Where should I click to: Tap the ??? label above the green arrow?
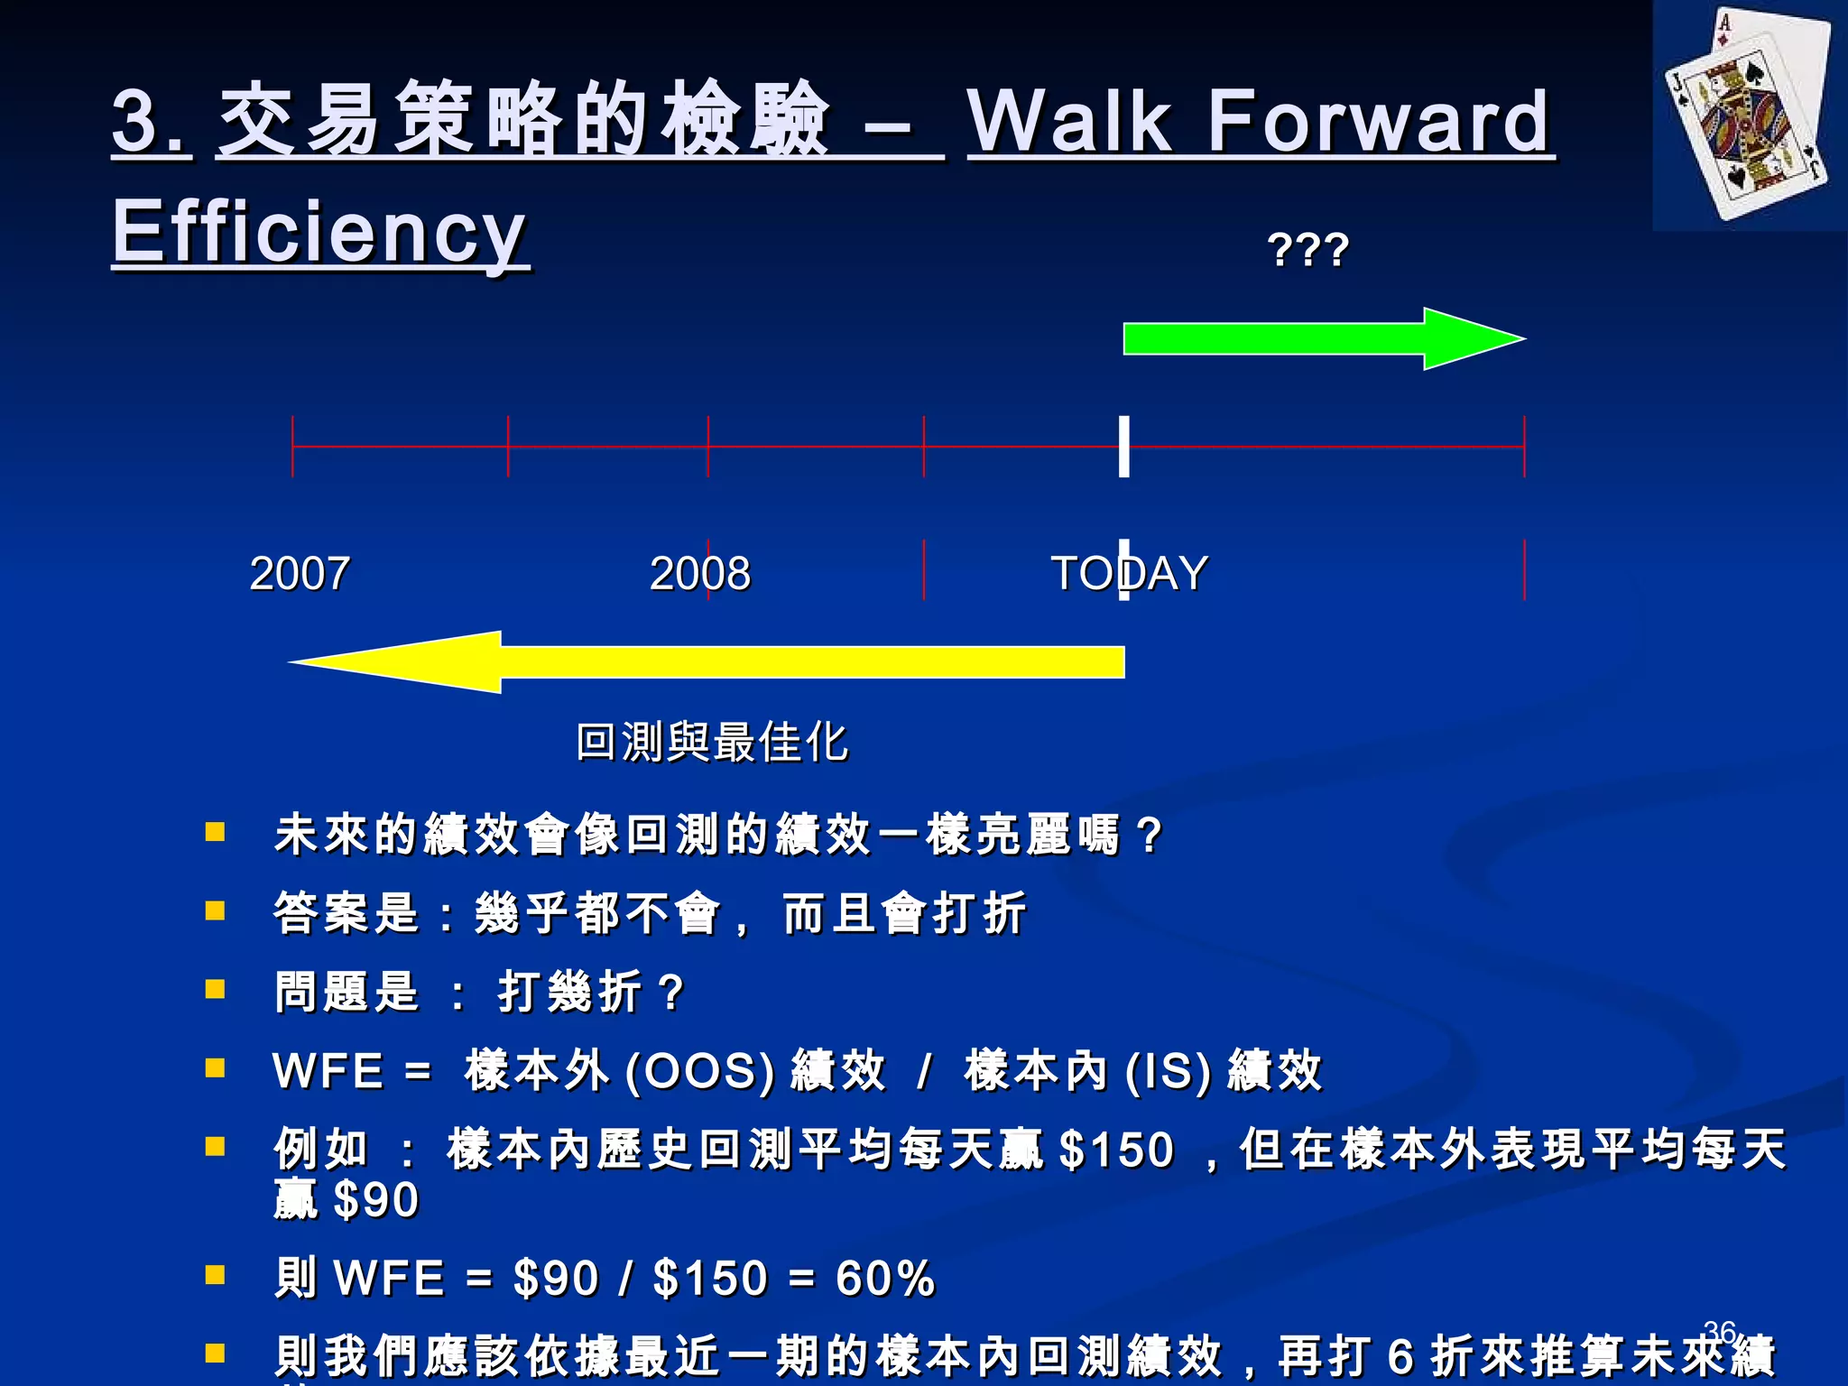point(1307,250)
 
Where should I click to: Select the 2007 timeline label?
point(300,573)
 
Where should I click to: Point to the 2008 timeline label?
point(700,573)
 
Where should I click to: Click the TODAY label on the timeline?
point(1129,573)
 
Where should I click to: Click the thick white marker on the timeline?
point(1123,446)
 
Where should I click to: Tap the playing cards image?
point(1748,115)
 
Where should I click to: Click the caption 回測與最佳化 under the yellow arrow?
point(712,742)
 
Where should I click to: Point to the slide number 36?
point(1720,1331)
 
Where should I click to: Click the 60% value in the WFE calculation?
point(885,1278)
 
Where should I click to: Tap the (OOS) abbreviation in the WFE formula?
point(699,1072)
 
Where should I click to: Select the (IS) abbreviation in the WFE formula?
point(1168,1072)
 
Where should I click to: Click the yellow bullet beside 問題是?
point(215,990)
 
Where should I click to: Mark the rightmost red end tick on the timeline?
point(1524,446)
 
